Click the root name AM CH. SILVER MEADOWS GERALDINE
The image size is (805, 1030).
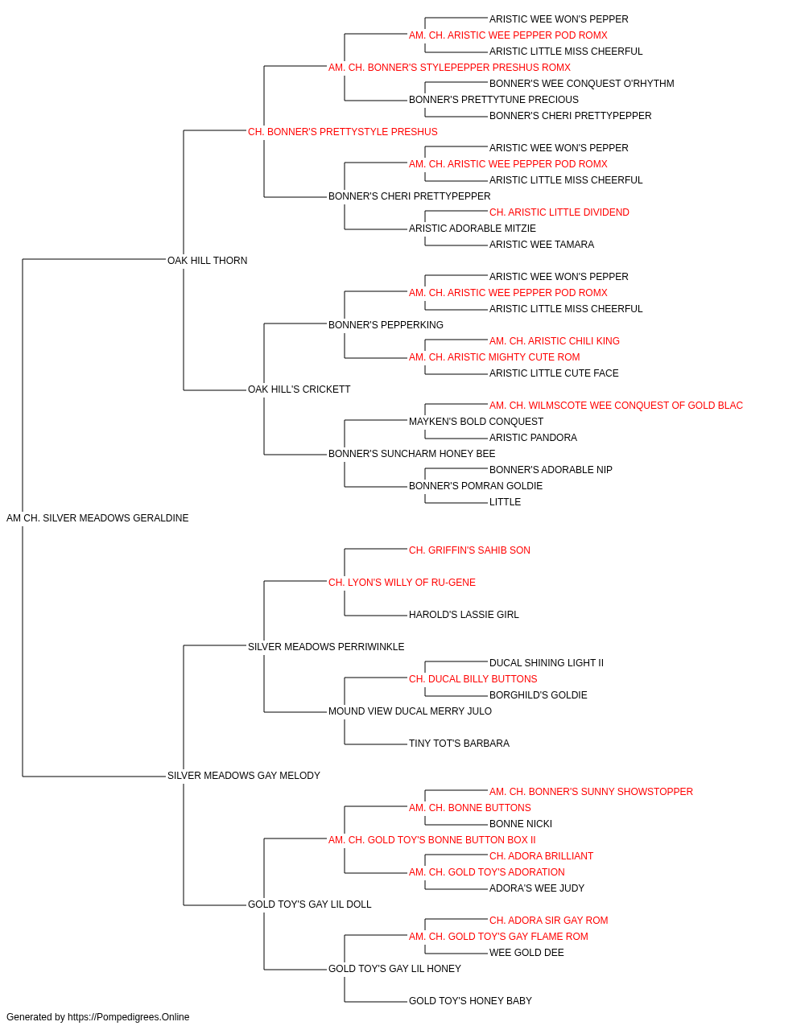pyautogui.click(x=97, y=518)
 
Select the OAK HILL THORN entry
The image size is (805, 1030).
pyautogui.click(x=207, y=261)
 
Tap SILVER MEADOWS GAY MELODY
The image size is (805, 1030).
pyautogui.click(x=244, y=776)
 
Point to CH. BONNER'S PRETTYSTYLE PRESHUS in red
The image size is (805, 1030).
pyautogui.click(x=343, y=132)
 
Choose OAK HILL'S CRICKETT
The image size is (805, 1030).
pyautogui.click(x=299, y=389)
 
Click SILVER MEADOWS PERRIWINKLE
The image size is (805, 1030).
pyautogui.click(x=326, y=646)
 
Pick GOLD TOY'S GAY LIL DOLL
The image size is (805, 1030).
pyautogui.click(x=310, y=904)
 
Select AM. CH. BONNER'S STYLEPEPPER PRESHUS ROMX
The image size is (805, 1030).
pyautogui.click(x=449, y=68)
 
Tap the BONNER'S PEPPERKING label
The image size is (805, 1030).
pyautogui.click(x=386, y=324)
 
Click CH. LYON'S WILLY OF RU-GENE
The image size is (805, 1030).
pyautogui.click(x=402, y=582)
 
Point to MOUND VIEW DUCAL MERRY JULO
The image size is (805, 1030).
pyautogui.click(x=410, y=711)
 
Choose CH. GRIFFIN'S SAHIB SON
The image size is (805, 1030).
pyautogui.click(x=470, y=550)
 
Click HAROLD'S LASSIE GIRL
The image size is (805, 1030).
pyautogui.click(x=464, y=614)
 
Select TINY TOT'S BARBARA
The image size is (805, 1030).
pyautogui.click(x=460, y=744)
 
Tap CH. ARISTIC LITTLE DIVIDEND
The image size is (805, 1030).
pyautogui.click(x=559, y=212)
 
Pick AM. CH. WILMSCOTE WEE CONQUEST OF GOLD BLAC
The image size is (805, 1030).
pyautogui.click(x=617, y=406)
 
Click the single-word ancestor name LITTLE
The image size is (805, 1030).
pyautogui.click(x=505, y=502)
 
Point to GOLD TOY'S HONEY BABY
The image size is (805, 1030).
pyautogui.click(x=470, y=1000)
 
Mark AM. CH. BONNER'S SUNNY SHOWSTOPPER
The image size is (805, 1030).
pyautogui.click(x=591, y=792)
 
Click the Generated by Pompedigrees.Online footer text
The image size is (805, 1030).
pyautogui.click(x=97, y=1017)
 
